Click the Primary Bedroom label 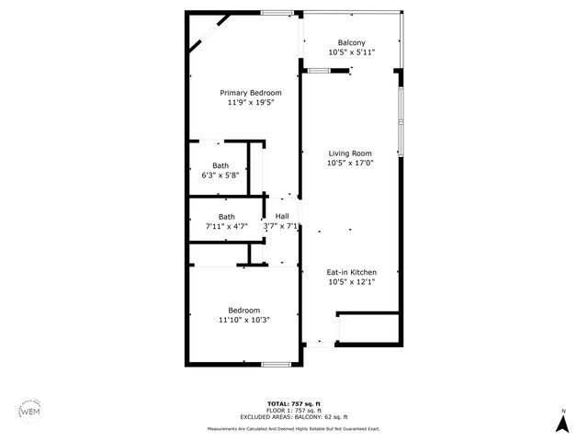pos(250,93)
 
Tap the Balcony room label pos(351,43)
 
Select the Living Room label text pos(349,153)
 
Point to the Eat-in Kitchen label pos(351,272)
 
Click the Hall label pos(282,216)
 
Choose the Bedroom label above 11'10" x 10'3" pos(243,310)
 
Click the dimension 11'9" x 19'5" pos(250,103)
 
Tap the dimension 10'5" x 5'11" pos(351,53)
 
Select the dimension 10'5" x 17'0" pos(349,164)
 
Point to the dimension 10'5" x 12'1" pos(351,282)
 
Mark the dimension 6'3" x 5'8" pos(220,175)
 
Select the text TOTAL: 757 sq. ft pos(293,404)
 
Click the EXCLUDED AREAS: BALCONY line pos(293,417)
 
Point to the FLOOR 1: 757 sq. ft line pos(293,411)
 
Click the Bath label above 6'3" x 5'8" pos(220,165)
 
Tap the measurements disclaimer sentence pos(293,428)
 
